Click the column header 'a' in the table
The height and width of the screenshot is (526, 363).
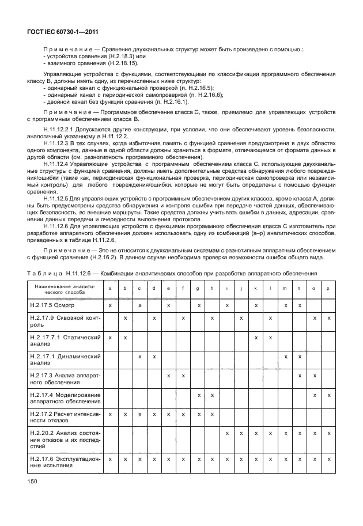[x=110, y=288]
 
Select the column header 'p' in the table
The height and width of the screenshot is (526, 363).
[x=328, y=288]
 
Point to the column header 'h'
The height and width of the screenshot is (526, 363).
[x=212, y=288]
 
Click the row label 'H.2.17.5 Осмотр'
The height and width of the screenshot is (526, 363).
[x=52, y=305]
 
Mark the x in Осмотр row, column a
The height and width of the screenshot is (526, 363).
[x=110, y=305]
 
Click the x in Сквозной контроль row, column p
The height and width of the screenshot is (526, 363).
[x=328, y=318]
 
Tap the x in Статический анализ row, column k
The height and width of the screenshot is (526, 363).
[x=255, y=337]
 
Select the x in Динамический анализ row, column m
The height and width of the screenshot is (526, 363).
[x=285, y=357]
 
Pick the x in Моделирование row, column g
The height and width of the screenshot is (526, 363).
[x=198, y=395]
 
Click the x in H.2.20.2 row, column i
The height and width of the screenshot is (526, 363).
[x=227, y=433]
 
